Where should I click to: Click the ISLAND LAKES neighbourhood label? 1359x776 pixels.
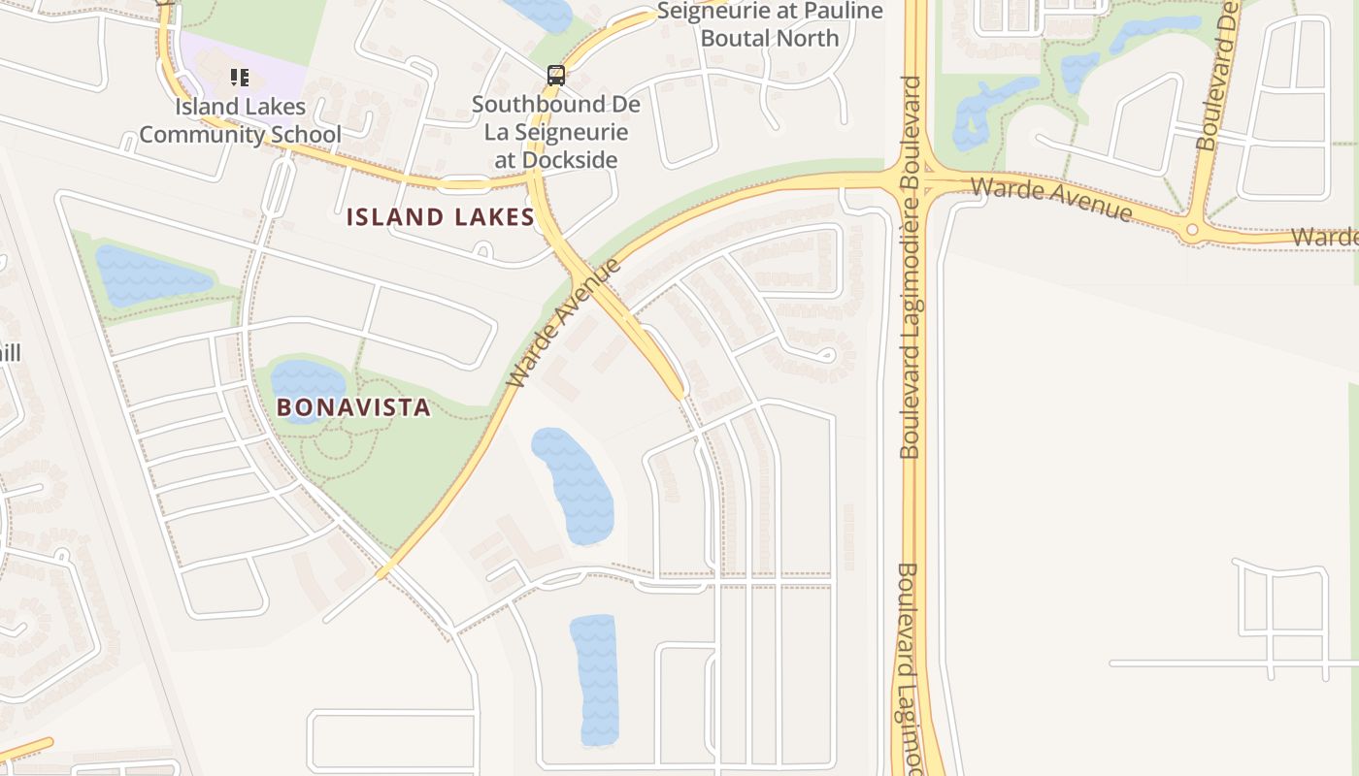(440, 216)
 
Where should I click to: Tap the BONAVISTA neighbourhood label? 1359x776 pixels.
(353, 406)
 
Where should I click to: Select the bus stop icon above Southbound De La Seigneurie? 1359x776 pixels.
(556, 75)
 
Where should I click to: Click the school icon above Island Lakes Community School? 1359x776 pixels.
(239, 77)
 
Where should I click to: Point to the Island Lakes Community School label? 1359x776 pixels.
(240, 120)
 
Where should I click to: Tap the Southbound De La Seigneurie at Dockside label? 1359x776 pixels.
(556, 132)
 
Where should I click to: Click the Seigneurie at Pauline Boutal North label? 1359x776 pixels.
(770, 25)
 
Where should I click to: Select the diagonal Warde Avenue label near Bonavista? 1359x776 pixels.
(564, 323)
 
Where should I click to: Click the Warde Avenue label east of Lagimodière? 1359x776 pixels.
(1050, 199)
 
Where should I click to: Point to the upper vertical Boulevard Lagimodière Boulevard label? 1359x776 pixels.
(910, 267)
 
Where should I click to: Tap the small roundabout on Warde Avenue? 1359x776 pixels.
(1192, 230)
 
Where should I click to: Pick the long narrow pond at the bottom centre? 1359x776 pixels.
(595, 679)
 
